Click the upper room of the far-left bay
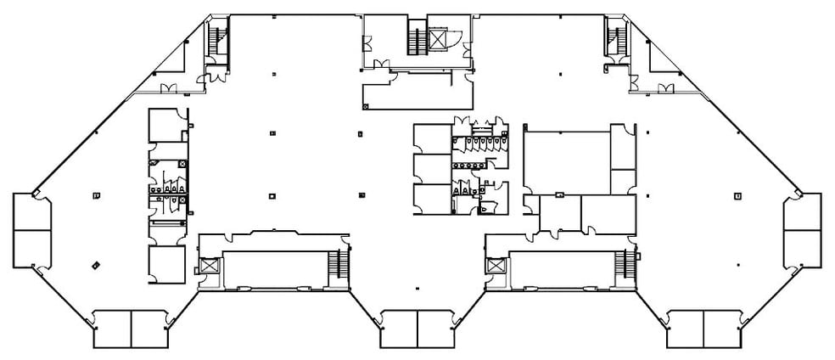click(x=31, y=211)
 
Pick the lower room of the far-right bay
click(x=802, y=248)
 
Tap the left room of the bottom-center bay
click(x=398, y=329)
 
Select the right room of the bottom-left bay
click(x=149, y=329)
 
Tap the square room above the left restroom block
click(x=165, y=126)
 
